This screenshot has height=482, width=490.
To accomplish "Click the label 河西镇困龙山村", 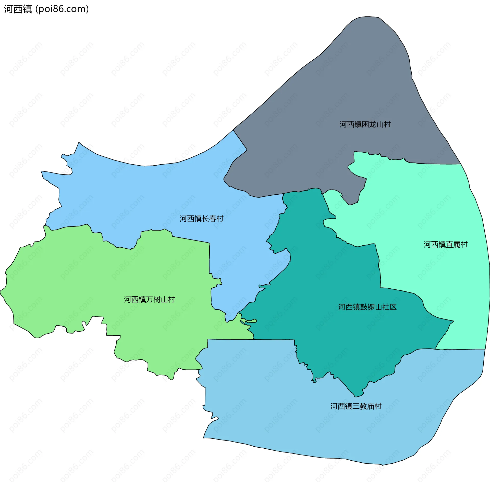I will (365, 124).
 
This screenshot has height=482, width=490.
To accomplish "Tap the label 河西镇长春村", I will (201, 219).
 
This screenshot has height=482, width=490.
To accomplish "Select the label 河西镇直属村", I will (446, 245).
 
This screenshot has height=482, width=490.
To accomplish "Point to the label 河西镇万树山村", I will (150, 299).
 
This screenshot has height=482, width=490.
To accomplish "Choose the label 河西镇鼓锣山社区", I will (367, 307).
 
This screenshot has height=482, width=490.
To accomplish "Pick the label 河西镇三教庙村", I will (356, 406).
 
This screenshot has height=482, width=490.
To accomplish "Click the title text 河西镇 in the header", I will (18, 9).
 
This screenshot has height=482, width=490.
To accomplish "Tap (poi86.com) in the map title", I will (62, 9).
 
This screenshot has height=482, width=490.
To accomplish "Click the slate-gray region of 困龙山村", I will (332, 89).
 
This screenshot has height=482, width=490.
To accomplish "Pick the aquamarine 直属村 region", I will (421, 204).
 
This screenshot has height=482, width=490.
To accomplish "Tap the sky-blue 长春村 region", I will (153, 194).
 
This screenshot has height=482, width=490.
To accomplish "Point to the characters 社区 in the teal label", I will (389, 307).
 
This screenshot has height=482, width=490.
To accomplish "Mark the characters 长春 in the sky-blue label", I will (209, 219).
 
